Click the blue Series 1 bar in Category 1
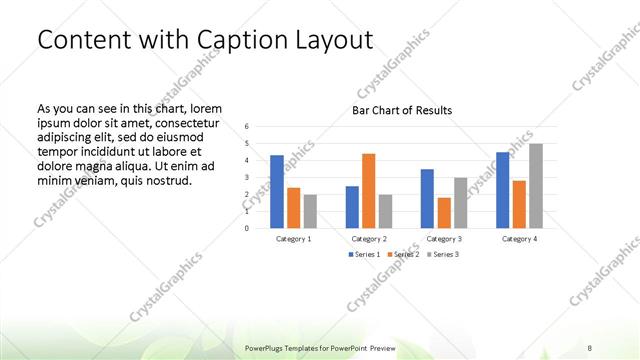[x=277, y=191]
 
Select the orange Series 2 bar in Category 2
[x=368, y=190]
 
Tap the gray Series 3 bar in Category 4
[x=536, y=185]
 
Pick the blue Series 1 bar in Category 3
[x=427, y=198]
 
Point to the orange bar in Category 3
[x=444, y=212]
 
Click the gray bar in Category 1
[x=310, y=211]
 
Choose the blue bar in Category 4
[x=502, y=189]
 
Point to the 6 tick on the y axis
[x=247, y=127]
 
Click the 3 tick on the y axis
[x=247, y=177]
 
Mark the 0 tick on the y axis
[x=247, y=228]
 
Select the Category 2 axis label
[x=369, y=239]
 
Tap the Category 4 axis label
[x=519, y=239]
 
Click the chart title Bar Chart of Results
[x=402, y=110]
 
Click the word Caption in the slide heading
[x=237, y=40]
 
